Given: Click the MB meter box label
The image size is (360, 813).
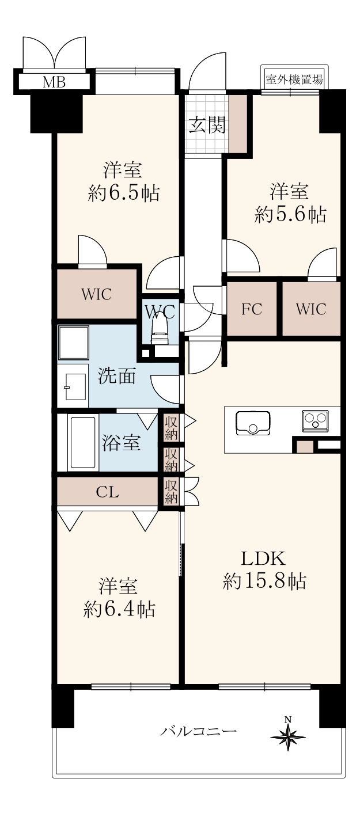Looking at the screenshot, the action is [x=54, y=82].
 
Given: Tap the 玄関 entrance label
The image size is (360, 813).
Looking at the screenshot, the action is [x=207, y=124].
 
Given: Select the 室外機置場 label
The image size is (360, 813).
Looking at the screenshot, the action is [x=294, y=79].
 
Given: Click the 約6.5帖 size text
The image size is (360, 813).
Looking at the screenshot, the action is [x=123, y=193].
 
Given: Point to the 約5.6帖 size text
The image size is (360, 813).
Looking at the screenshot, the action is [x=290, y=214].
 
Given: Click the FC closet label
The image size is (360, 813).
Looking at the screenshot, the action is [x=252, y=309].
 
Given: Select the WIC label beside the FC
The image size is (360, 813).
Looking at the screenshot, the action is [x=311, y=309].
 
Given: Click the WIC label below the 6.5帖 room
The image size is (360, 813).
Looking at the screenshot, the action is [x=97, y=294].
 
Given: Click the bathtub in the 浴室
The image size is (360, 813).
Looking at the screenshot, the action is [x=83, y=442].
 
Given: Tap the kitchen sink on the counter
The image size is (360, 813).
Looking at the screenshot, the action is [x=253, y=423].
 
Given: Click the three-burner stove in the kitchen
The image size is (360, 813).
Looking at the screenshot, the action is [x=315, y=421].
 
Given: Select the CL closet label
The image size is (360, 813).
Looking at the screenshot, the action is [x=107, y=492].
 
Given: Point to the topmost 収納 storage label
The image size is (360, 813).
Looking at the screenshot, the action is [x=171, y=428].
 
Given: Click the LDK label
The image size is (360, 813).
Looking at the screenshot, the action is [x=264, y=559].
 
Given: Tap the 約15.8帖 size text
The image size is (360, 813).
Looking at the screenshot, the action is [x=264, y=582].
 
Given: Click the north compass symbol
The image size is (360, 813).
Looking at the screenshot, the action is [x=289, y=733].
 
